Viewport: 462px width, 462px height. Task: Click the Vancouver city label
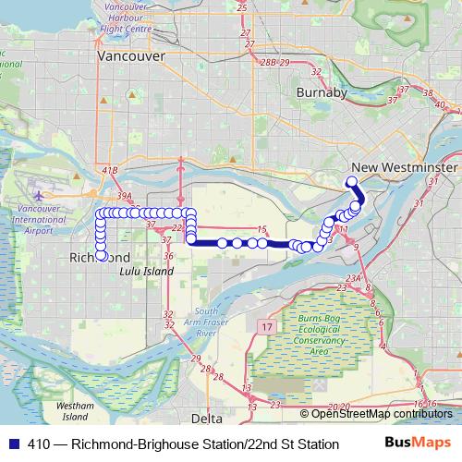[131, 56]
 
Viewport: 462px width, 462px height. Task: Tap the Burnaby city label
[322, 93]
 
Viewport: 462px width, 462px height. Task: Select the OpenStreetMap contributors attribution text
[382, 413]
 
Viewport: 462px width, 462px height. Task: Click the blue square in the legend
[12, 444]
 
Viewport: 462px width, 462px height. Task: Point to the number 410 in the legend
[39, 444]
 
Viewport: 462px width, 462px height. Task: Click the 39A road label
[126, 197]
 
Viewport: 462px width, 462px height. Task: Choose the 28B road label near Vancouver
[267, 62]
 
